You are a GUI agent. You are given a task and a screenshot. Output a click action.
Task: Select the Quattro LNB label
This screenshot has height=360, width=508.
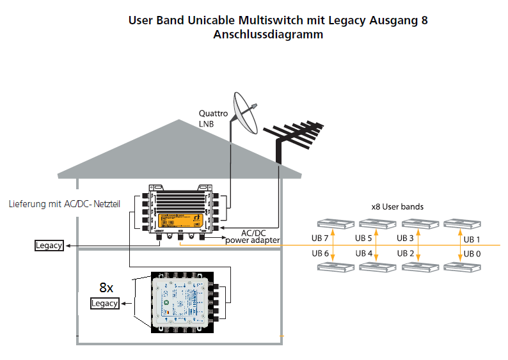(213, 118)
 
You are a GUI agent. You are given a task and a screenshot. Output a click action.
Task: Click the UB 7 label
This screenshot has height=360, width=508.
(321, 239)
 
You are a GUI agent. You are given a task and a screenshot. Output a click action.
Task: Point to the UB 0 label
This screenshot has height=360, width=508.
(472, 254)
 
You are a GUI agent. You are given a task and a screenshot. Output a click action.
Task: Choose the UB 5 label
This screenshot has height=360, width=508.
(364, 239)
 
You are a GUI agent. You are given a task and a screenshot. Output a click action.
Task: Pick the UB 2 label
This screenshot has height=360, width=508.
(406, 254)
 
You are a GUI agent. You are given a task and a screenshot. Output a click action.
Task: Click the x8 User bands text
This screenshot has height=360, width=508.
(397, 207)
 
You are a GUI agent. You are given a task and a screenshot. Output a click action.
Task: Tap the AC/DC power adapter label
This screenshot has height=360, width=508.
(252, 236)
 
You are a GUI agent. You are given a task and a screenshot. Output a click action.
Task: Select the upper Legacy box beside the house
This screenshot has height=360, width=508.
(49, 246)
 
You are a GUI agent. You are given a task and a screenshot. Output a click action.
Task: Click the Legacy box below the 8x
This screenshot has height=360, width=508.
(105, 303)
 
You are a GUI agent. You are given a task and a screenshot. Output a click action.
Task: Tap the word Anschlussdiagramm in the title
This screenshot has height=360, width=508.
(268, 35)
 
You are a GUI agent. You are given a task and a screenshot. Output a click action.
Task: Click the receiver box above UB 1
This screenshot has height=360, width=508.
(463, 223)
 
